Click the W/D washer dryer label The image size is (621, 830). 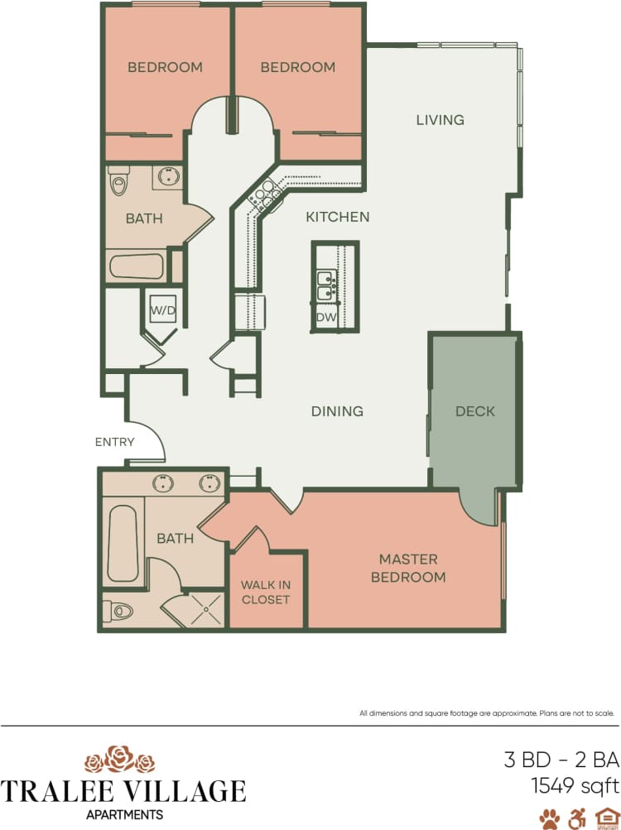(162, 310)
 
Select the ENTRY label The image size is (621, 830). (114, 442)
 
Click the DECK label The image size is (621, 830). (475, 411)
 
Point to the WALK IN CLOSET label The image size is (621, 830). (266, 592)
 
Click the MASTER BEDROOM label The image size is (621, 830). (408, 569)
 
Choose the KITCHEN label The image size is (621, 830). (338, 217)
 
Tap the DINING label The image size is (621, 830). (337, 411)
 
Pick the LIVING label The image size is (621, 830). (440, 120)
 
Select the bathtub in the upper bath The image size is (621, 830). (137, 266)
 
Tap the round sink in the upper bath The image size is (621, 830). (170, 176)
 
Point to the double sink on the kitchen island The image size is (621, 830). (325, 285)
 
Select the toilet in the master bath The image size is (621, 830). (118, 611)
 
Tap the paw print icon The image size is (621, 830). (550, 818)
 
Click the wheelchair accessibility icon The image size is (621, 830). (576, 818)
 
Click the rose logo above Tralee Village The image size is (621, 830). (121, 758)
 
